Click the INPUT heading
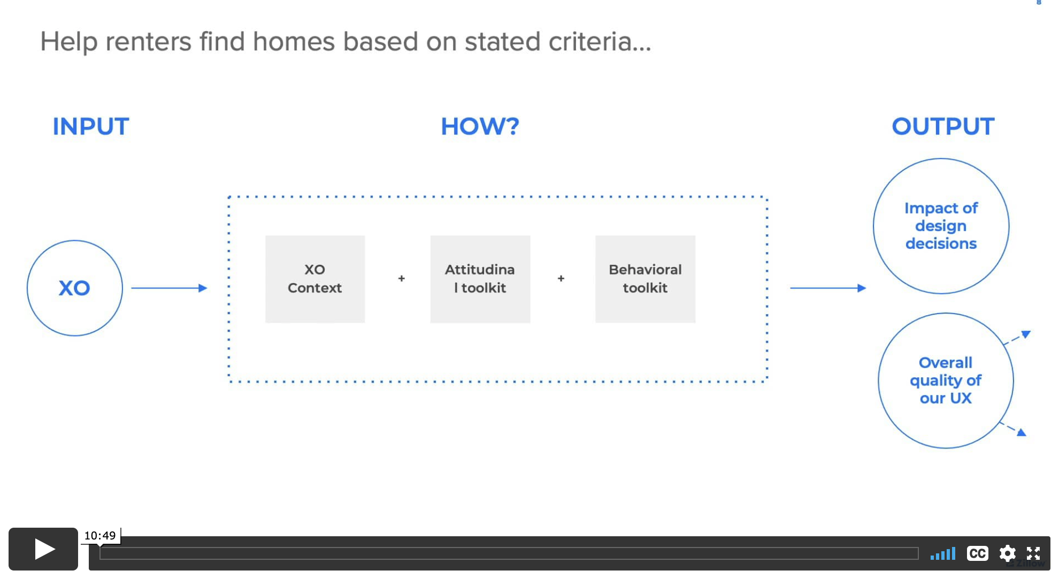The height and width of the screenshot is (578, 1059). coord(91,127)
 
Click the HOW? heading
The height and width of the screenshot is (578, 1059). coord(480,127)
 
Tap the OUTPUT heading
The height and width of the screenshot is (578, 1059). coord(943,127)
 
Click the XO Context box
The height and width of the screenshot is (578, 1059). coord(315,279)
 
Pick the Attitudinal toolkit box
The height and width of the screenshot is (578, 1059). coord(480,279)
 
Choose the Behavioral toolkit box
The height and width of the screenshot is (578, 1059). coord(646,279)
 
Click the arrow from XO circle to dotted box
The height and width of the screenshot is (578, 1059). coord(169,288)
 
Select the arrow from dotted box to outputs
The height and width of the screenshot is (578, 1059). coord(828,288)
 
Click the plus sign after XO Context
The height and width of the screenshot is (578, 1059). coord(402,278)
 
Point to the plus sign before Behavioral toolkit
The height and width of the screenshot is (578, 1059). coord(561,278)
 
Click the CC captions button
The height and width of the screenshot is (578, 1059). coord(977,553)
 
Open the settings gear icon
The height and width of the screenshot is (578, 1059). coord(1007,553)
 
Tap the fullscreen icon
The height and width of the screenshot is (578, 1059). coord(1033,553)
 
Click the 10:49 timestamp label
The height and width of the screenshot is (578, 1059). coord(100,536)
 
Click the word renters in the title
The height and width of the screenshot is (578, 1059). coord(148,42)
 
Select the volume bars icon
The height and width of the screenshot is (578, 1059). coord(943,553)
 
